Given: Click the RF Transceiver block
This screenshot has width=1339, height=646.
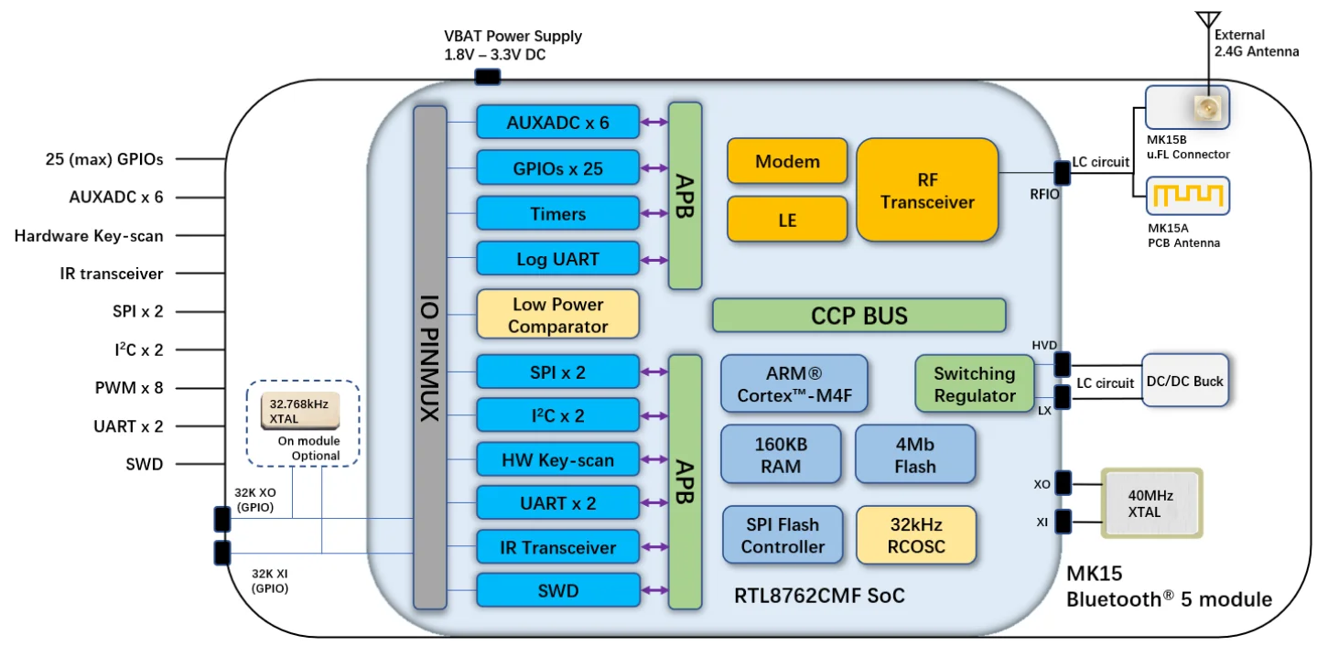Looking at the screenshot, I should (926, 189).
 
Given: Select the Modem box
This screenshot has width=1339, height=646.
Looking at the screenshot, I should (787, 162).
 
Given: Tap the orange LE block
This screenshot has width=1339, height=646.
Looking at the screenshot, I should (787, 221).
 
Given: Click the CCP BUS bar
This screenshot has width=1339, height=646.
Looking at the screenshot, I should (858, 316).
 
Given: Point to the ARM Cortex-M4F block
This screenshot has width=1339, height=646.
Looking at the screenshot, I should (794, 384).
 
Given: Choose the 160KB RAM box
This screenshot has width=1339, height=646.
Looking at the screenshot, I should (780, 454).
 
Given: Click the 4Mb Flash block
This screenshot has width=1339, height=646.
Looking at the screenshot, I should (915, 455).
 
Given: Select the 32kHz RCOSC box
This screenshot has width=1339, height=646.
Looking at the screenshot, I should (916, 535).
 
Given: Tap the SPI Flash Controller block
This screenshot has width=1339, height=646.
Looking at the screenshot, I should (783, 535).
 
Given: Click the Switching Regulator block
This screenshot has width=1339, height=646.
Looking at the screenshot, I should (975, 384).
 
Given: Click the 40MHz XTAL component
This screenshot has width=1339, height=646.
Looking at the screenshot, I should (1151, 503).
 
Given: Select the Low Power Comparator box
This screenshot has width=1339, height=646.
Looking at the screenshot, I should (557, 315).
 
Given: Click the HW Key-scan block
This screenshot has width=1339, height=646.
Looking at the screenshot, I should (557, 460).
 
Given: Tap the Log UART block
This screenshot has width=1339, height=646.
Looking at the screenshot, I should (557, 259).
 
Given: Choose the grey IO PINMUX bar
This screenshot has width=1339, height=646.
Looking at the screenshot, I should (429, 357).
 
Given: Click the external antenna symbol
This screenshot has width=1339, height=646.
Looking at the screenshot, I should (1208, 22).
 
